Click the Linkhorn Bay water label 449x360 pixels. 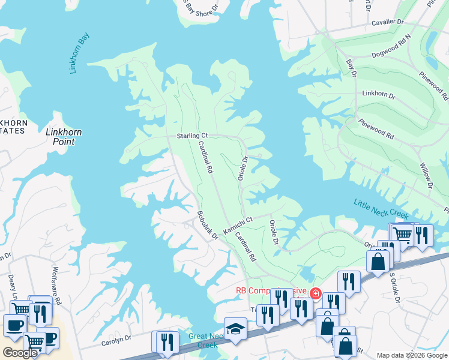(x=79, y=53)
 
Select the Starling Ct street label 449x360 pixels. (x=191, y=136)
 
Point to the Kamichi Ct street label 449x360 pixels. (x=238, y=224)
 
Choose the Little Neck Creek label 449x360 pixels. (x=381, y=209)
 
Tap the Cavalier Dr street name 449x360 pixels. (x=388, y=22)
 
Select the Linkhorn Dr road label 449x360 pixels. (x=379, y=95)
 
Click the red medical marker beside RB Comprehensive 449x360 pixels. (x=315, y=293)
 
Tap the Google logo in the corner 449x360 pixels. (x=20, y=353)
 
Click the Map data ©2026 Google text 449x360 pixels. (x=411, y=355)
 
